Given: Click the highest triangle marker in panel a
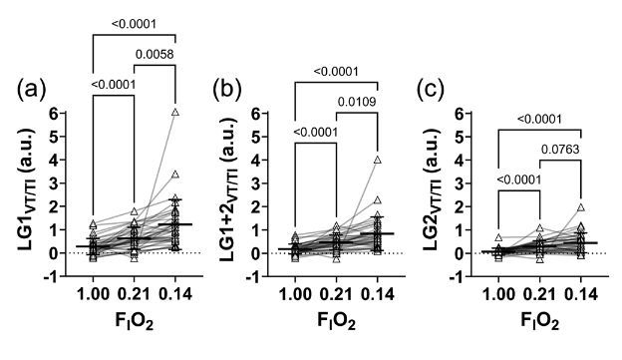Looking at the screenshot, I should [x=175, y=114].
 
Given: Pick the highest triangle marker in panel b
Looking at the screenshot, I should [x=378, y=161].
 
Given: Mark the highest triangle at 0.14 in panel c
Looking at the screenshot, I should [x=580, y=208].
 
